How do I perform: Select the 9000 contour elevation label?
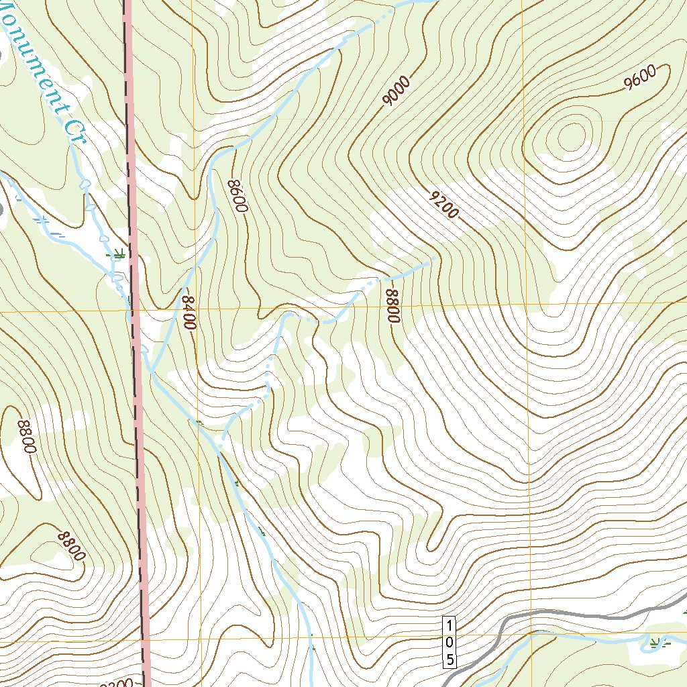click(396, 92)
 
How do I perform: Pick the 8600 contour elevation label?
click(237, 195)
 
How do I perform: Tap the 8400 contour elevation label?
click(189, 311)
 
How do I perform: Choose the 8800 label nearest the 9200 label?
click(392, 305)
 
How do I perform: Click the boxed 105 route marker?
click(450, 642)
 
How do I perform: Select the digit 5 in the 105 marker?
click(450, 659)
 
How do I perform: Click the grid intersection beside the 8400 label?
click(196, 311)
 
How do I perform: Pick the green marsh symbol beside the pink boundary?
click(119, 254)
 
